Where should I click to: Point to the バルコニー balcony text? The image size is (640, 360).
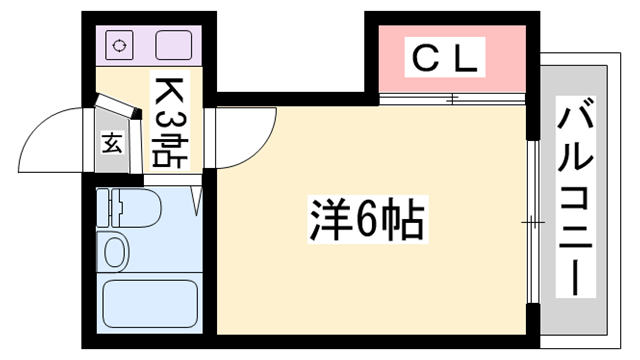(x=576, y=199)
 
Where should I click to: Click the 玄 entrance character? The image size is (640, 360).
(x=111, y=142)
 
